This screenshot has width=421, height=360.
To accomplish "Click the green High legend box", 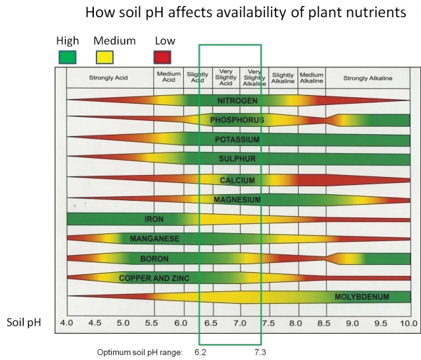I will pos(67,57).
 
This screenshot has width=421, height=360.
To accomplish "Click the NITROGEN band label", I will pos(237,100).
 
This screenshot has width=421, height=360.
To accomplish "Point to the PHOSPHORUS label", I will pos(237,120).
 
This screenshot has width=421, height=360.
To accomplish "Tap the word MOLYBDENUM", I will pos(362,297).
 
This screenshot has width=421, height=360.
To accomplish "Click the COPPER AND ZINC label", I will pos(154,278).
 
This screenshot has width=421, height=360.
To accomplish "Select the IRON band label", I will pos(154,219).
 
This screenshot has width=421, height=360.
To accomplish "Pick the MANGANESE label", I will pos(154,238).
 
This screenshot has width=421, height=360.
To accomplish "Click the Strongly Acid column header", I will pos(109,78).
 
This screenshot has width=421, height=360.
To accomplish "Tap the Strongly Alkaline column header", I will pos(367,78).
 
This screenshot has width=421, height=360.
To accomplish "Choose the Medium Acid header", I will pos(169,78).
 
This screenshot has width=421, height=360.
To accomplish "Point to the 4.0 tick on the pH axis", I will pos(66,324).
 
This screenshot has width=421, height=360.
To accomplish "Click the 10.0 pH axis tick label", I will pos(408,324).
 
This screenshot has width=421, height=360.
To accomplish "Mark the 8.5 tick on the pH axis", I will pos(323,324).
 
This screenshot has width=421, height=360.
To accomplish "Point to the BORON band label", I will pos(154,258).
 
